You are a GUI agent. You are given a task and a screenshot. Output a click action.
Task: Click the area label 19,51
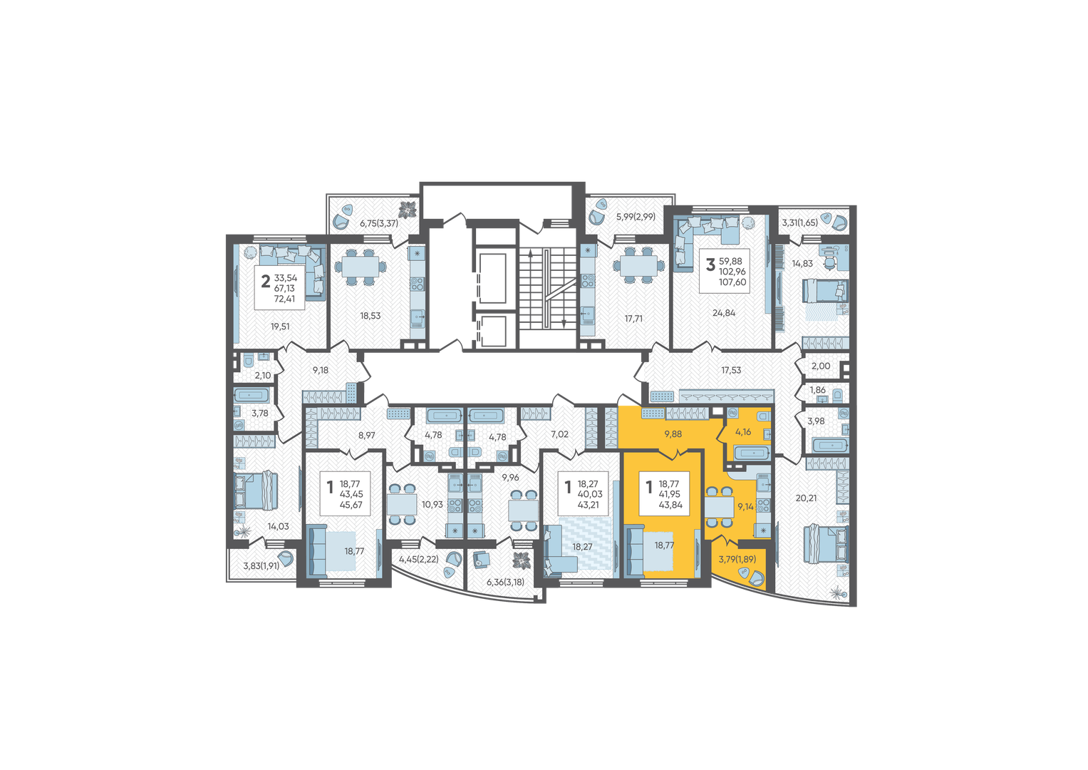280,327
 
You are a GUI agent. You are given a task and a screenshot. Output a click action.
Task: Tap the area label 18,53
370,316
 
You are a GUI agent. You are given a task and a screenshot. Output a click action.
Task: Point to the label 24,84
724,313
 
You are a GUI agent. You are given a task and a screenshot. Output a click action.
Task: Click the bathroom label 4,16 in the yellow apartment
743,431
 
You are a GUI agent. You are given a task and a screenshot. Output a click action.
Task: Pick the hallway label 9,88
673,434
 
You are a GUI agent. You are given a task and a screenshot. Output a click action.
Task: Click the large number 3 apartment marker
710,265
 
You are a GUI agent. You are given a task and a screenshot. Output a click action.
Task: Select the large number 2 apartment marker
265,282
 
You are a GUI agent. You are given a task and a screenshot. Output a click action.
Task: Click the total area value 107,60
732,282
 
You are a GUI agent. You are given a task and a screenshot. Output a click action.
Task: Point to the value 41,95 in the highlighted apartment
669,494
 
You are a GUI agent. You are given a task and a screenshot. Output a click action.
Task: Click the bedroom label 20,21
807,498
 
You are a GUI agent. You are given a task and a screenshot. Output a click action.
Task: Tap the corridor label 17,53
731,371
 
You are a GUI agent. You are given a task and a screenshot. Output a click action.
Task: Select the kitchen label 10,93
432,505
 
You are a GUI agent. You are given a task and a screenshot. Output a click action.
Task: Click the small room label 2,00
821,366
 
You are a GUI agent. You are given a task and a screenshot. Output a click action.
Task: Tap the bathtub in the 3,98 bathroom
831,446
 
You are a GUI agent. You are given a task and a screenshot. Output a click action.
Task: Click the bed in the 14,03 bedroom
256,491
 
